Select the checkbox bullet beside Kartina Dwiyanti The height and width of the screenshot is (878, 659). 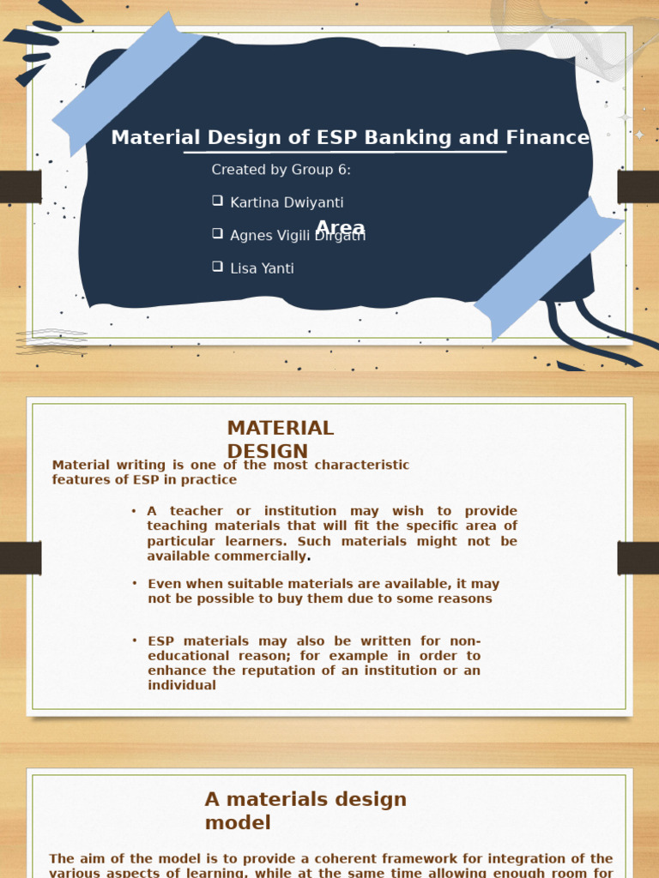(217, 201)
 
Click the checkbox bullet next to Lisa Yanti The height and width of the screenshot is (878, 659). (217, 267)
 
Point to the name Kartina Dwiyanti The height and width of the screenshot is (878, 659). (287, 202)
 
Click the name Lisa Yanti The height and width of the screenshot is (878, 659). (262, 268)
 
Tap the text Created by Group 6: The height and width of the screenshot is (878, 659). (281, 170)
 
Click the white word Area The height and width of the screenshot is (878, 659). (340, 228)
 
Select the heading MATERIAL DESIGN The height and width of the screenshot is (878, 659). (280, 439)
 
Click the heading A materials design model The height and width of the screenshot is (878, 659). (305, 810)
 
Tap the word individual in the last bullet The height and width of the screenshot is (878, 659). (182, 685)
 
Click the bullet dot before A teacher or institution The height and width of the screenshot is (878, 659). (134, 511)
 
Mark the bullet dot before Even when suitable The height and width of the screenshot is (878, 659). (135, 583)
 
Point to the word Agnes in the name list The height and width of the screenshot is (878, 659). (251, 236)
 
